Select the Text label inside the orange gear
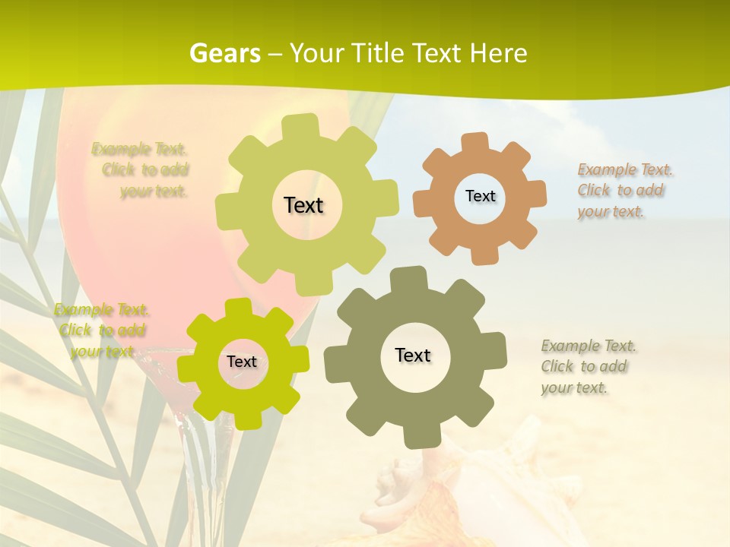pyautogui.click(x=480, y=196)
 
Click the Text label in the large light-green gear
pyautogui.click(x=303, y=205)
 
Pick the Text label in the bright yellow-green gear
pyautogui.click(x=242, y=362)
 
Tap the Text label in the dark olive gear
pyautogui.click(x=413, y=355)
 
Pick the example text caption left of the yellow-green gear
pyautogui.click(x=100, y=330)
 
